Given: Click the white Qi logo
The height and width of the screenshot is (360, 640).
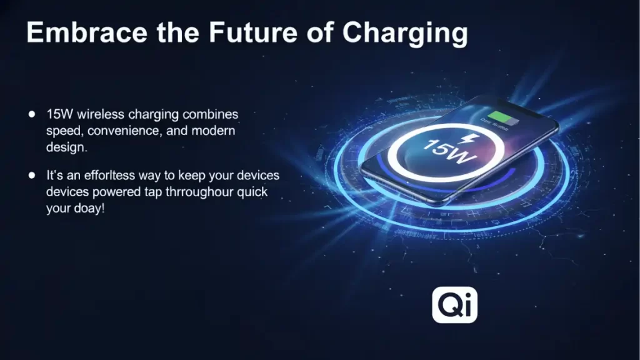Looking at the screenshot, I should tap(454, 306).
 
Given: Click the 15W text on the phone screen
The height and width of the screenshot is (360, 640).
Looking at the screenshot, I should tap(448, 153).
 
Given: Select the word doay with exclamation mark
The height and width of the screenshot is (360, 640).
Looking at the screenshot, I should tap(89, 209).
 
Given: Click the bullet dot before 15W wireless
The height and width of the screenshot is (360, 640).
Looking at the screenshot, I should tap(32, 115).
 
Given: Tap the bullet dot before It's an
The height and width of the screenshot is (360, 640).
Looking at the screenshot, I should tap(32, 175).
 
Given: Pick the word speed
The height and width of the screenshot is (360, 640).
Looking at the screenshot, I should tap(63, 131).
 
